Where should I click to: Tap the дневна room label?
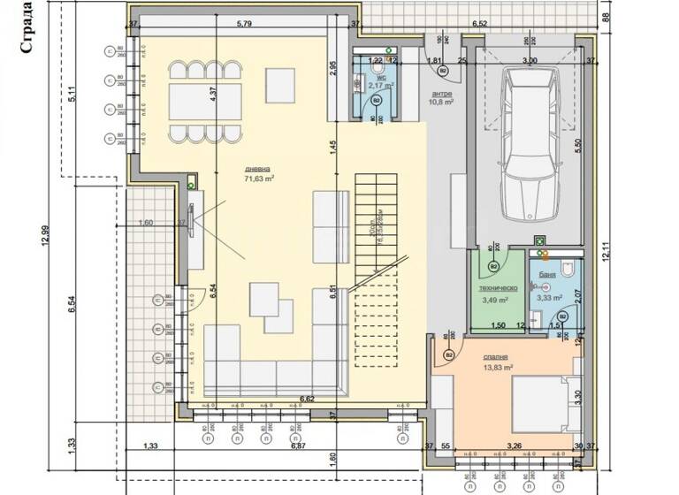point(259,168)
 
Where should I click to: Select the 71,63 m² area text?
point(259,179)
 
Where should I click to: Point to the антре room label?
point(442,93)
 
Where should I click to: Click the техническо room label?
point(497,288)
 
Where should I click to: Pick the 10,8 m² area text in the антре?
point(441,103)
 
